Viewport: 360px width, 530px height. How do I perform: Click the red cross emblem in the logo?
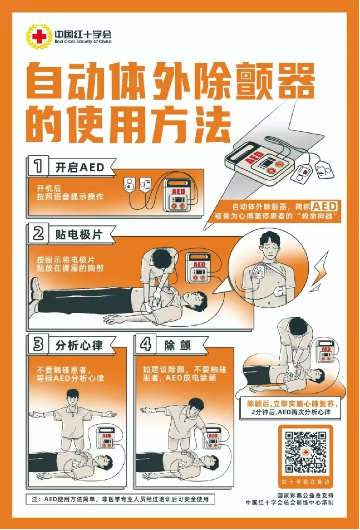pyautogui.click(x=39, y=36)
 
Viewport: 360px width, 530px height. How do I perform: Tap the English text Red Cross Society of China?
pyautogui.click(x=83, y=42)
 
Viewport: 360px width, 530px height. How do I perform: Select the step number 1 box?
pyautogui.click(x=38, y=166)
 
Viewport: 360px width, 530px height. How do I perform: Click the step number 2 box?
pyautogui.click(x=38, y=233)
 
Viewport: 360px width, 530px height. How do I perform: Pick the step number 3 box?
pyautogui.click(x=38, y=344)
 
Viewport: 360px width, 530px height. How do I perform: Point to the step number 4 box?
pyautogui.click(x=145, y=344)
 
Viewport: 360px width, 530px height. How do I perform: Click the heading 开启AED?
pyautogui.click(x=80, y=167)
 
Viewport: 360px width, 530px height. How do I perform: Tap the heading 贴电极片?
pyautogui.click(x=79, y=234)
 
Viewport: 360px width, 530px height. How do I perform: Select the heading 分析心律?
pyautogui.click(x=79, y=345)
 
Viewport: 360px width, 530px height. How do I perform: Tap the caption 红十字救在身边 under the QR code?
pyautogui.click(x=306, y=482)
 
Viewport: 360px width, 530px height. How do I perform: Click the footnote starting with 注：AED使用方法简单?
pyautogui.click(x=120, y=499)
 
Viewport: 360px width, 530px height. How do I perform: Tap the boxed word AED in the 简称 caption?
pyautogui.click(x=324, y=206)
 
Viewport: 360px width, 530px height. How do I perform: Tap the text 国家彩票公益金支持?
pyautogui.click(x=305, y=495)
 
